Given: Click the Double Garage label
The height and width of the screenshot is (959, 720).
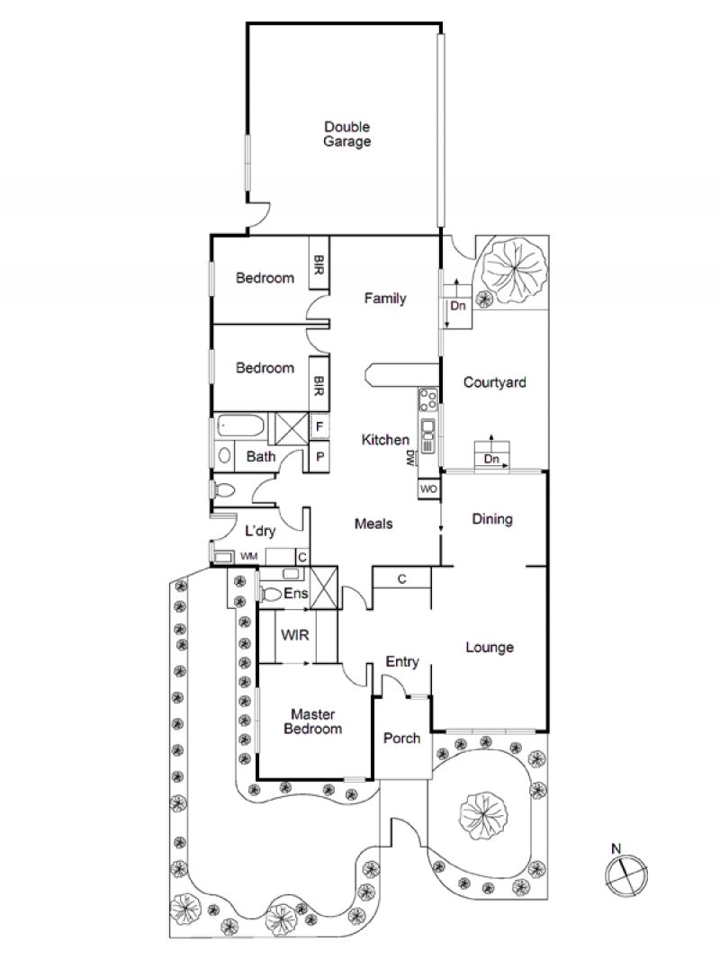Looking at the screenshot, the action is click(x=346, y=134).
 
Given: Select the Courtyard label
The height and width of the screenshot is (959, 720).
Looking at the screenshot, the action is click(x=494, y=382).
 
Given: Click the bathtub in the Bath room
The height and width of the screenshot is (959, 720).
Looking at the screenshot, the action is click(x=241, y=426).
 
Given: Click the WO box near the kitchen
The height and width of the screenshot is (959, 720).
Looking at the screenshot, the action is click(x=428, y=488).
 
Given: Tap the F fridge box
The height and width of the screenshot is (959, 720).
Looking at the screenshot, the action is click(x=319, y=426).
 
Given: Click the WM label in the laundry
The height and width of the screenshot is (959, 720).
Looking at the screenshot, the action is click(x=248, y=556).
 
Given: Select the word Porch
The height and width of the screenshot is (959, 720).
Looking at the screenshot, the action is click(x=402, y=739).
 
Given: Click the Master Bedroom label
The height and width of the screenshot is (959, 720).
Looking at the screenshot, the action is click(x=312, y=721).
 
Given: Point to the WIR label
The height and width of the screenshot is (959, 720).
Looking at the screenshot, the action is click(x=295, y=635).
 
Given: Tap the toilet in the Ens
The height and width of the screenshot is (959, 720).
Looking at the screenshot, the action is click(x=270, y=593).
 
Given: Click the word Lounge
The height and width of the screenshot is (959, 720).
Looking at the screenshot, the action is click(x=490, y=648).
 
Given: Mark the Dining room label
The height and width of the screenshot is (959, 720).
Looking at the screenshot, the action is click(x=492, y=519).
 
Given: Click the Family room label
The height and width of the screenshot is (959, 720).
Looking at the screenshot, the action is click(x=385, y=299).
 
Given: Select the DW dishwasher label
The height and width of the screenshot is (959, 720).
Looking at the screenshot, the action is click(x=409, y=459).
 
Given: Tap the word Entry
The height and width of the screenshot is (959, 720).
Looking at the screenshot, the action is click(x=402, y=662).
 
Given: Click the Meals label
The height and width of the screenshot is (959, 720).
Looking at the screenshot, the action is click(x=373, y=524).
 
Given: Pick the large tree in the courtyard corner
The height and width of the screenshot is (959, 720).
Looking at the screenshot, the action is click(x=514, y=266).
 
